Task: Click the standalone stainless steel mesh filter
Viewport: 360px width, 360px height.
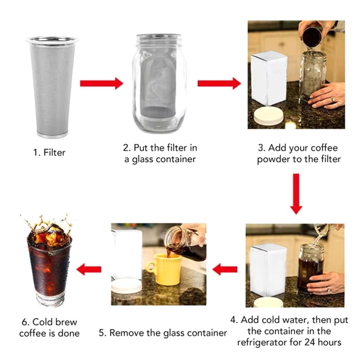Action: click(x=52, y=86)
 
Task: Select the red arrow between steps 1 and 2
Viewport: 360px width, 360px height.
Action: click(x=101, y=83)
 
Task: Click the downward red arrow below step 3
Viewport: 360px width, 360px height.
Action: click(x=296, y=193)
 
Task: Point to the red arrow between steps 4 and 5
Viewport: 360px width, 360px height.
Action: click(x=225, y=270)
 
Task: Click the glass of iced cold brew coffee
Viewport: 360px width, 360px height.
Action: click(x=49, y=267)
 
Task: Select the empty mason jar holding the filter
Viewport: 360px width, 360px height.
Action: click(x=159, y=84)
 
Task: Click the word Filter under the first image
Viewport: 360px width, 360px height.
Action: click(x=54, y=153)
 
